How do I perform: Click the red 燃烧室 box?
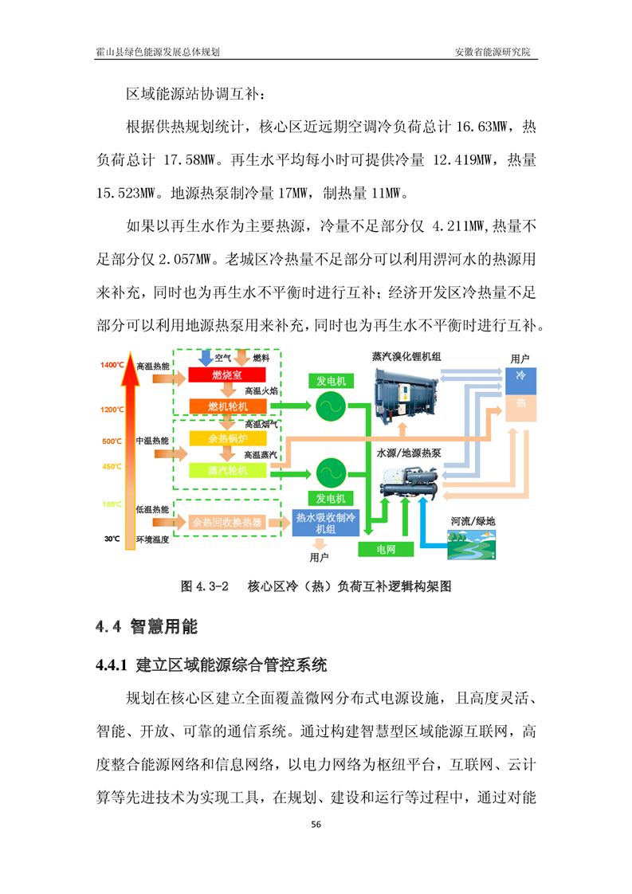pos(227,374)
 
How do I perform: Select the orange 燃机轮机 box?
pos(228,406)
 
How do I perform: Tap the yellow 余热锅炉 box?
pos(228,438)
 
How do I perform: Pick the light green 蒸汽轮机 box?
pos(228,470)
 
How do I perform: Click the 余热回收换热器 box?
pos(227,522)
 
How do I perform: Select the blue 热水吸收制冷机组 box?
pos(325,523)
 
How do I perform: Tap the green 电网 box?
pos(386,549)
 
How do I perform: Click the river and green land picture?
pos(471,544)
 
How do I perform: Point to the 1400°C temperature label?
pos(112,365)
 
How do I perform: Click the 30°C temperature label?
pos(112,539)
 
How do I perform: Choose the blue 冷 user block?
pos(520,382)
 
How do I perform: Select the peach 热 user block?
pos(520,408)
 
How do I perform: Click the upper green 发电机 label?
pos(331,381)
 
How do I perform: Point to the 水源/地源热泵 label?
pos(408,453)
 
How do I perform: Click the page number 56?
pos(316,824)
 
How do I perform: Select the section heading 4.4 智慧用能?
pos(147,626)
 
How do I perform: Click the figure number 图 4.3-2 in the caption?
pos(204,586)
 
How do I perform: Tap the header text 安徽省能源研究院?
pos(493,52)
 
